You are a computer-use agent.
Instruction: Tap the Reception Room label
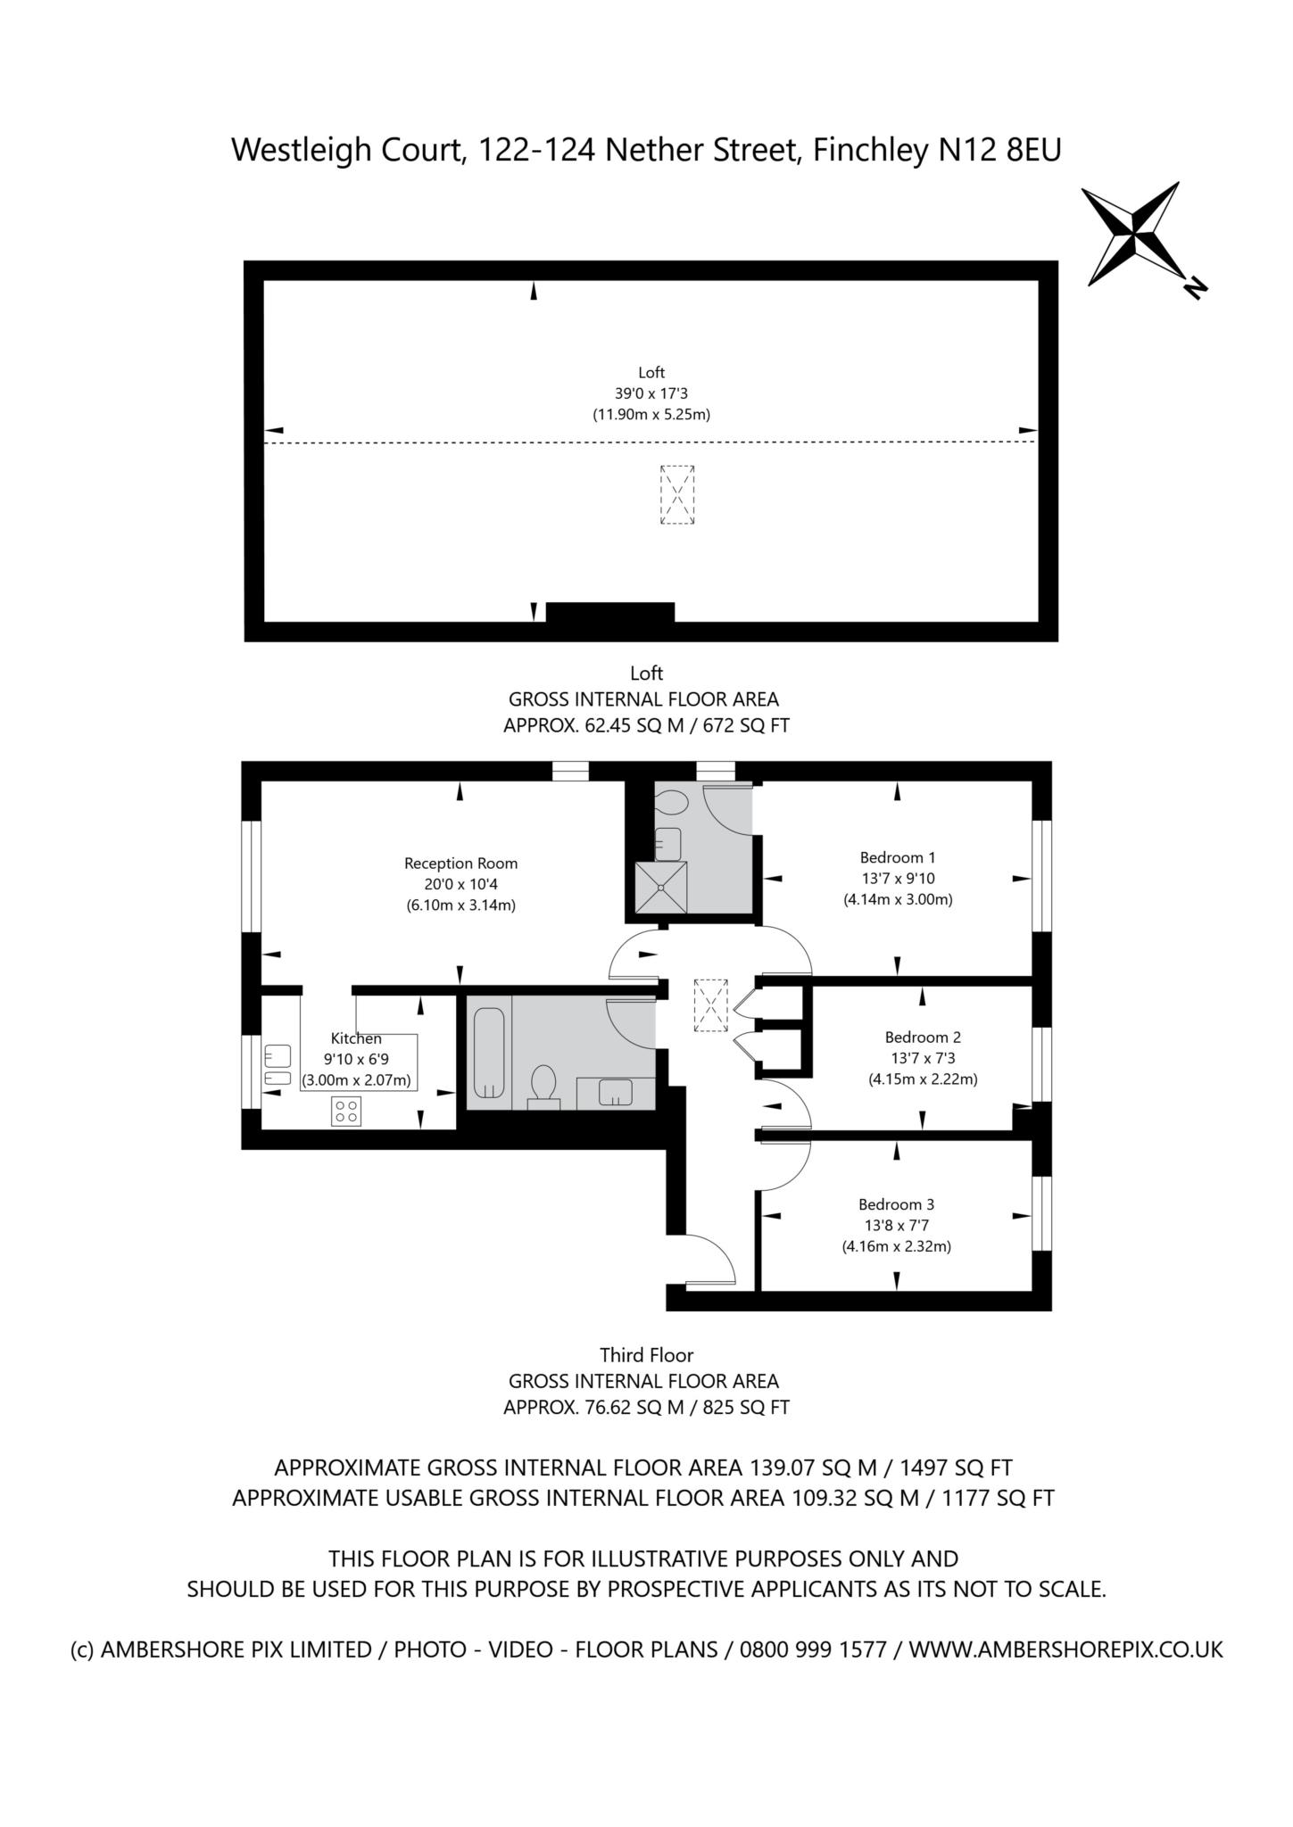point(460,864)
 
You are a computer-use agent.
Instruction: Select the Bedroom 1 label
point(898,858)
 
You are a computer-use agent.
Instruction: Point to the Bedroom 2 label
point(923,1038)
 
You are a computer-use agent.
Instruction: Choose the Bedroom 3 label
point(897,1204)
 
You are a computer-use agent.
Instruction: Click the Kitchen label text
point(356,1038)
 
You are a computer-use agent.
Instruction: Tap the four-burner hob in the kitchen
point(346,1112)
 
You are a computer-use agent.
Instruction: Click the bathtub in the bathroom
point(488,1053)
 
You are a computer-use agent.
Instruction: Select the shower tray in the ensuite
point(661,887)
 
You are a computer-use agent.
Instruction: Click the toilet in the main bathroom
point(543,1087)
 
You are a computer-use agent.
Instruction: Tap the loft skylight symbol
point(677,495)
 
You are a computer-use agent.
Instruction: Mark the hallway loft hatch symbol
point(711,1005)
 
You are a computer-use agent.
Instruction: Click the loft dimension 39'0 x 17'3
point(651,393)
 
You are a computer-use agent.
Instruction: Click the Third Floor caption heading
point(646,1355)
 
